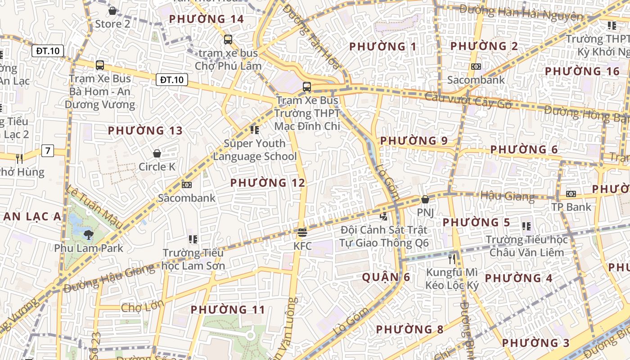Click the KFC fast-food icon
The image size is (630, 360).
pos(302,233)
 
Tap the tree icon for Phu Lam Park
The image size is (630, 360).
pos(89,234)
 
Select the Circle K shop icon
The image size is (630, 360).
pos(157,153)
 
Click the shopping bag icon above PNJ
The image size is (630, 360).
pos(425,199)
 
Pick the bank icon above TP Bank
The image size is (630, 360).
pos(571,194)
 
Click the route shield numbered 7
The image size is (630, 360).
pos(48,150)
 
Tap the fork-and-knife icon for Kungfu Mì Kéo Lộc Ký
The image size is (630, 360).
pos(452,259)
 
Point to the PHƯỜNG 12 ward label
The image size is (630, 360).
pos(268,183)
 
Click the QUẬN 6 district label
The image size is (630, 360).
pos(386,277)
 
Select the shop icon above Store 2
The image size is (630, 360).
pos(112,10)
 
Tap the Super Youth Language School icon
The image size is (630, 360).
pos(255,130)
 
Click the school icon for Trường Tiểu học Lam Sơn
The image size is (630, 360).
pos(193,239)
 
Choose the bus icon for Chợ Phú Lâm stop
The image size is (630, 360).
pos(228,40)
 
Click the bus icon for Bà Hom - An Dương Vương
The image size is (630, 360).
pos(100,65)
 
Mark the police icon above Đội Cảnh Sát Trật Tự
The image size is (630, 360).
pos(384,216)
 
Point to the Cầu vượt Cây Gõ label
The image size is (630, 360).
pos(468,100)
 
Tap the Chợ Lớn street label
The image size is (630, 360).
pos(142,308)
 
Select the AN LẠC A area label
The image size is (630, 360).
pos(32,216)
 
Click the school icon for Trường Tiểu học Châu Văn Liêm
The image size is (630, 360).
pos(526,226)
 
